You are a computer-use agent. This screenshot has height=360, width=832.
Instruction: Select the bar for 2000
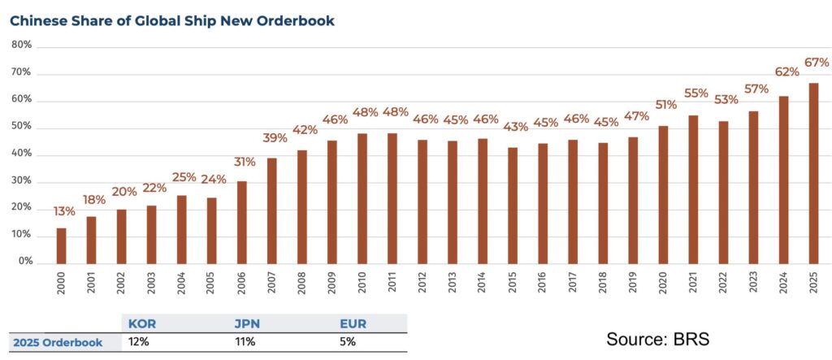61,245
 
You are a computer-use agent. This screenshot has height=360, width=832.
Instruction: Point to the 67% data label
816,63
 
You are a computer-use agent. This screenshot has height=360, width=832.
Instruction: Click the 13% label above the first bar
64,211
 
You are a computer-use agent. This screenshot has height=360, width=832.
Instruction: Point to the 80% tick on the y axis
22,46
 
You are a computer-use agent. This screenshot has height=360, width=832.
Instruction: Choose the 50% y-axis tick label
22,128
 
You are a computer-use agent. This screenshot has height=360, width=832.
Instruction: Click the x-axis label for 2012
422,282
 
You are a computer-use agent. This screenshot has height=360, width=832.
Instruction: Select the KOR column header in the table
142,324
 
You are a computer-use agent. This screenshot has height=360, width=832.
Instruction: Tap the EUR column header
353,324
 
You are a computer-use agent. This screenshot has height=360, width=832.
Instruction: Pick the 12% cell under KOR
137,342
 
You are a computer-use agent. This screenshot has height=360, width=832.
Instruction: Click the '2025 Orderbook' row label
58,342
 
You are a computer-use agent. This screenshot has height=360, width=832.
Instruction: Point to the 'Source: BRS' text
657,339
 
